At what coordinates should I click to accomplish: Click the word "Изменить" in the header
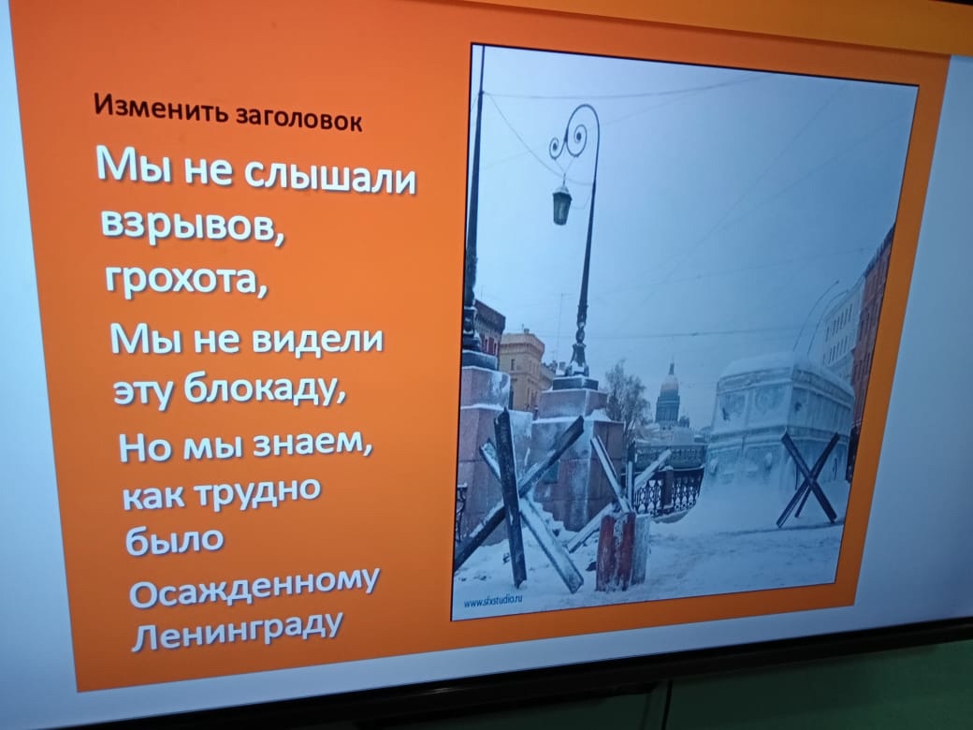point(163,108)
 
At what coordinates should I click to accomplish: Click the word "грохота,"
point(186,277)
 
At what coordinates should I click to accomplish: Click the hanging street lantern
point(561,203)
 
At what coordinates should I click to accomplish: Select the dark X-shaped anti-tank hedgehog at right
point(809,478)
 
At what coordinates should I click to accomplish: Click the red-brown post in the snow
point(617,550)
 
